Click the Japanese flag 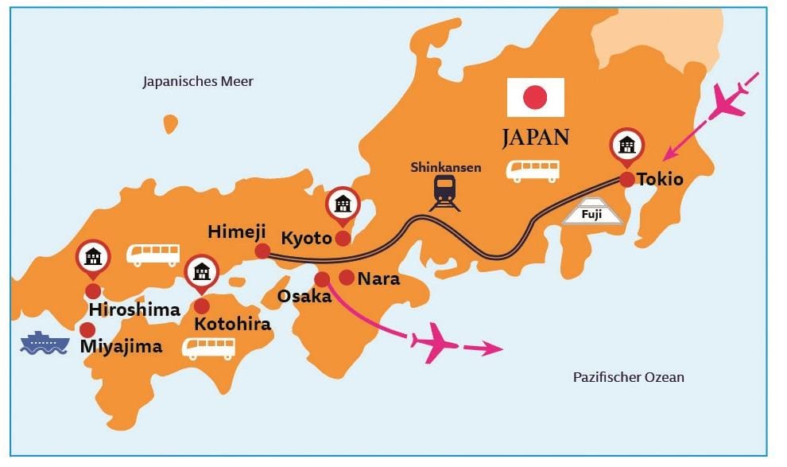click(536, 97)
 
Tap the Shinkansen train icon click(444, 191)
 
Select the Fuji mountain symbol click(593, 211)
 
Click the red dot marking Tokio click(627, 180)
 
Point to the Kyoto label click(306, 236)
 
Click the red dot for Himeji click(262, 251)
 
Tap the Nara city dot click(347, 277)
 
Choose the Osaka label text click(304, 296)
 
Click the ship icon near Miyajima click(45, 343)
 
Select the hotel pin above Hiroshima click(93, 256)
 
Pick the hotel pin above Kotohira click(202, 272)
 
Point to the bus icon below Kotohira click(208, 347)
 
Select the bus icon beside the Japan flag click(533, 169)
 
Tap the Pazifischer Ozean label click(628, 377)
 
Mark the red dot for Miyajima click(87, 329)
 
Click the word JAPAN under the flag click(535, 138)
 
